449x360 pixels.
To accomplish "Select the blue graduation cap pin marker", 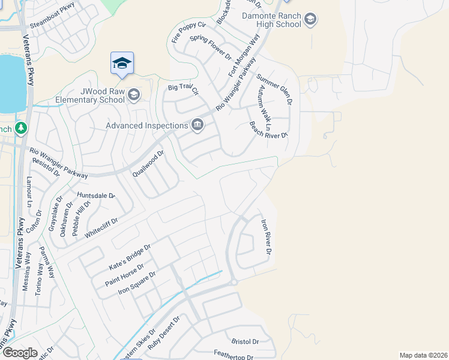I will point(122,64).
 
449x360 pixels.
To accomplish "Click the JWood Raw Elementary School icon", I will point(134,95).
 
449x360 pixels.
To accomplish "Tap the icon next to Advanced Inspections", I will point(197,125).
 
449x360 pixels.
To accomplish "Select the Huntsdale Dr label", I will point(95,196).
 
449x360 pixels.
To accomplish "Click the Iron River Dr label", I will point(266,236).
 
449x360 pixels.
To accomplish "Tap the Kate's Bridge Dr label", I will point(129,256).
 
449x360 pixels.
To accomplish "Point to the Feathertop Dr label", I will point(233,356).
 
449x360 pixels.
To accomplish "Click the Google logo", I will point(20,353).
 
